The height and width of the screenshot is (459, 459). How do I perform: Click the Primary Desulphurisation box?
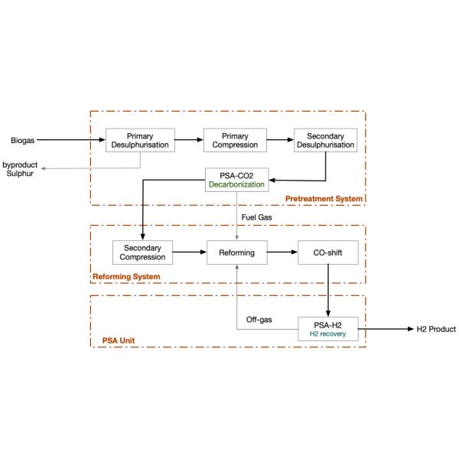[x=141, y=140]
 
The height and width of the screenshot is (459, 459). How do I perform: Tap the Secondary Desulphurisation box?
[x=324, y=140]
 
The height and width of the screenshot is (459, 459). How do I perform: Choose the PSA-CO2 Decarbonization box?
[x=236, y=180]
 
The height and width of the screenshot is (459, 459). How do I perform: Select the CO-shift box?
[x=327, y=252]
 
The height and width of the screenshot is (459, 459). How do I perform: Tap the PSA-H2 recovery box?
[x=327, y=330]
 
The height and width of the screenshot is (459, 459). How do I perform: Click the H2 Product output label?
[x=435, y=330]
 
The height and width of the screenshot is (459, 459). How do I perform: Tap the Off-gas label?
[x=258, y=318]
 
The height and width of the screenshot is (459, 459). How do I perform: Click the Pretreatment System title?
[x=324, y=200]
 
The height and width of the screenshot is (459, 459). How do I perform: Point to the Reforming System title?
[x=126, y=276]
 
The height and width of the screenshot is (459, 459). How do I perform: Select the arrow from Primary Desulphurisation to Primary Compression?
[x=189, y=140]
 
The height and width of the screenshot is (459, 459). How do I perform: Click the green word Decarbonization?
[x=236, y=185]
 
